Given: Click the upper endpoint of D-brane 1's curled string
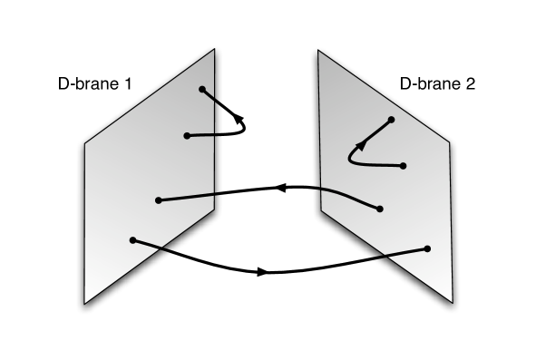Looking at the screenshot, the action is pos(201,89).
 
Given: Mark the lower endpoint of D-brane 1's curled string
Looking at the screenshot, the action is pos(186,136).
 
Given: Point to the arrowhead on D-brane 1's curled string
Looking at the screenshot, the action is pos(239,117).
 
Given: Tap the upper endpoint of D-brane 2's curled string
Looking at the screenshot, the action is pos(392,120).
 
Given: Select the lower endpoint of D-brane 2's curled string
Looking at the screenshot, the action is pos(402,165).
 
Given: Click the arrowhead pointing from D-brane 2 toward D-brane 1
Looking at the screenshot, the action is pos(279,188).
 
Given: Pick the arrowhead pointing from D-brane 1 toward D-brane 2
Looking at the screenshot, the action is pos(262,271).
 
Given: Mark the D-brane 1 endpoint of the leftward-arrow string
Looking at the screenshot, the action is pos(159,199).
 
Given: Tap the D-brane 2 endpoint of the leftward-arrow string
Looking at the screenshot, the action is pos(380,209).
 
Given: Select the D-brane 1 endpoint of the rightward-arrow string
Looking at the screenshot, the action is pos(133,240).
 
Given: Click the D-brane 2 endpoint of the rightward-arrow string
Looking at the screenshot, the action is pos(426,248).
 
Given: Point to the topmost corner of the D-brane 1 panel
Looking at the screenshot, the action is pos(214,51).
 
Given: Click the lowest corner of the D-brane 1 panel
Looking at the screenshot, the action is pos(85,303).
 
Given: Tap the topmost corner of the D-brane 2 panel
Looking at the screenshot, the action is pos(318,51).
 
